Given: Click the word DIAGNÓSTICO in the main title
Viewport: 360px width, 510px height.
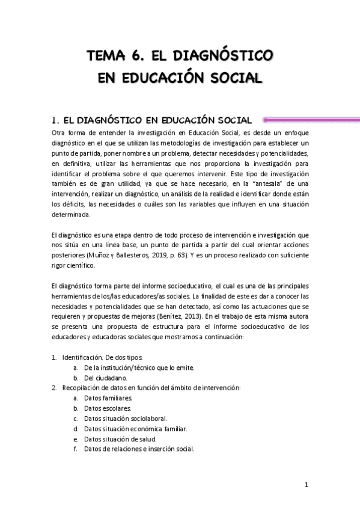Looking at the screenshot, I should pos(226,57).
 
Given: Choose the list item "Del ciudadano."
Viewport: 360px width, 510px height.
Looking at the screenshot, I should pos(106,378).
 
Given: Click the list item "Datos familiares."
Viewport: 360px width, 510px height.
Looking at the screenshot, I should pos(109,398).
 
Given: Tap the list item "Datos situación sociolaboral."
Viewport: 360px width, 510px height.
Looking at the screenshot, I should pos(126,419).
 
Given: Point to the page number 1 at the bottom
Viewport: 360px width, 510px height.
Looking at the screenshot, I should pos(306,485).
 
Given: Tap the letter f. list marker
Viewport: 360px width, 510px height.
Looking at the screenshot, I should pos(76,449).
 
